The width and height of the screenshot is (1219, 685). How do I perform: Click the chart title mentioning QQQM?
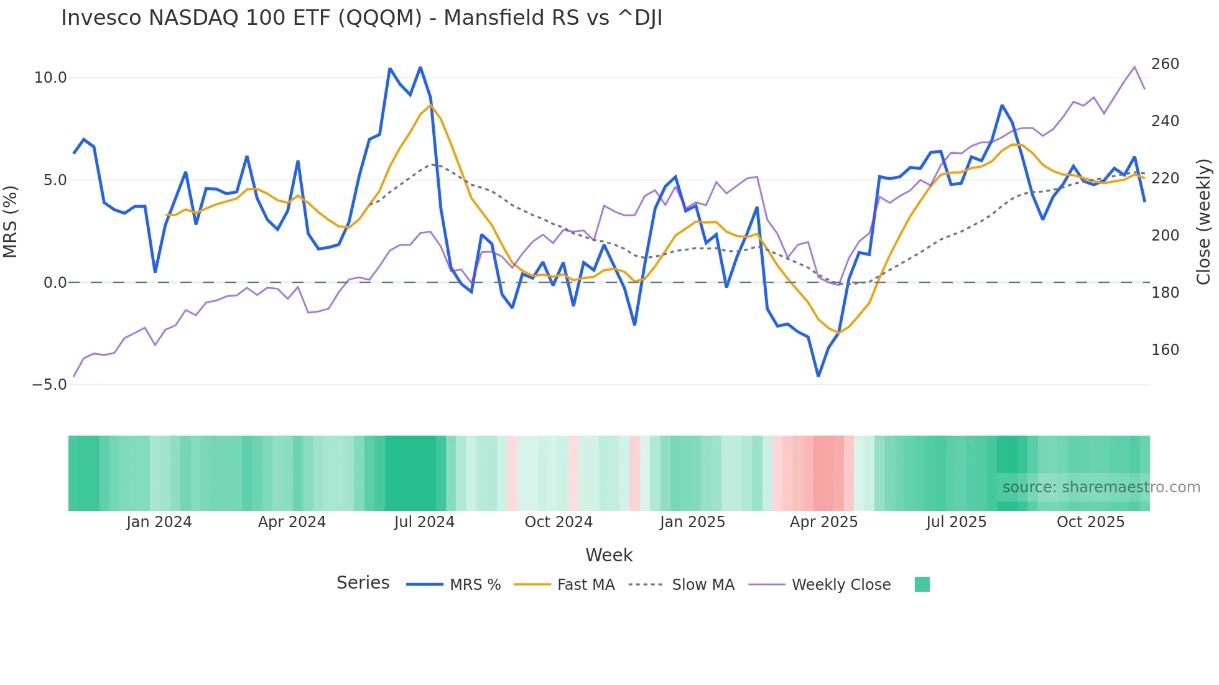(x=361, y=18)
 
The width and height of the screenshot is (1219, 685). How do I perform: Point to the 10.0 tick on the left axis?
(x=50, y=78)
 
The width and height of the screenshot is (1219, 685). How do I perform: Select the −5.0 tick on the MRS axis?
(x=49, y=385)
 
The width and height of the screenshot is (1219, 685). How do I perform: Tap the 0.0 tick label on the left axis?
(x=55, y=283)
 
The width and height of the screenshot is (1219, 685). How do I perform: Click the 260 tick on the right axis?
(x=1165, y=64)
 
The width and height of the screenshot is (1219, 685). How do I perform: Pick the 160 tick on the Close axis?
(x=1165, y=350)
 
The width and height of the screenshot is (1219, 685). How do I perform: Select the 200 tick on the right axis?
(x=1165, y=236)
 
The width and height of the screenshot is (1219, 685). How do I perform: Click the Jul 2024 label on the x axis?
(x=424, y=522)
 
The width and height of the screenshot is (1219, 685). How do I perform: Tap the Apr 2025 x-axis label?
(x=823, y=522)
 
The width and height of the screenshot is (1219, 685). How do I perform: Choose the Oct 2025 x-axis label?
(x=1090, y=522)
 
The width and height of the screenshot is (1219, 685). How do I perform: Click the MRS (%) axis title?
(x=11, y=221)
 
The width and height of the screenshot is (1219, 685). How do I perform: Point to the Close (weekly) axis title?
(x=1204, y=221)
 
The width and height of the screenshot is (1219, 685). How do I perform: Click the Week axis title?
(x=609, y=555)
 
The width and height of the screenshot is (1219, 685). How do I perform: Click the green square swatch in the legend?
(x=922, y=584)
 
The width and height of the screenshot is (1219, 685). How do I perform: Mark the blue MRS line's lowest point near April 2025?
(x=818, y=375)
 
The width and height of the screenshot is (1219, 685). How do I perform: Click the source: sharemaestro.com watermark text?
(x=1101, y=487)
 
